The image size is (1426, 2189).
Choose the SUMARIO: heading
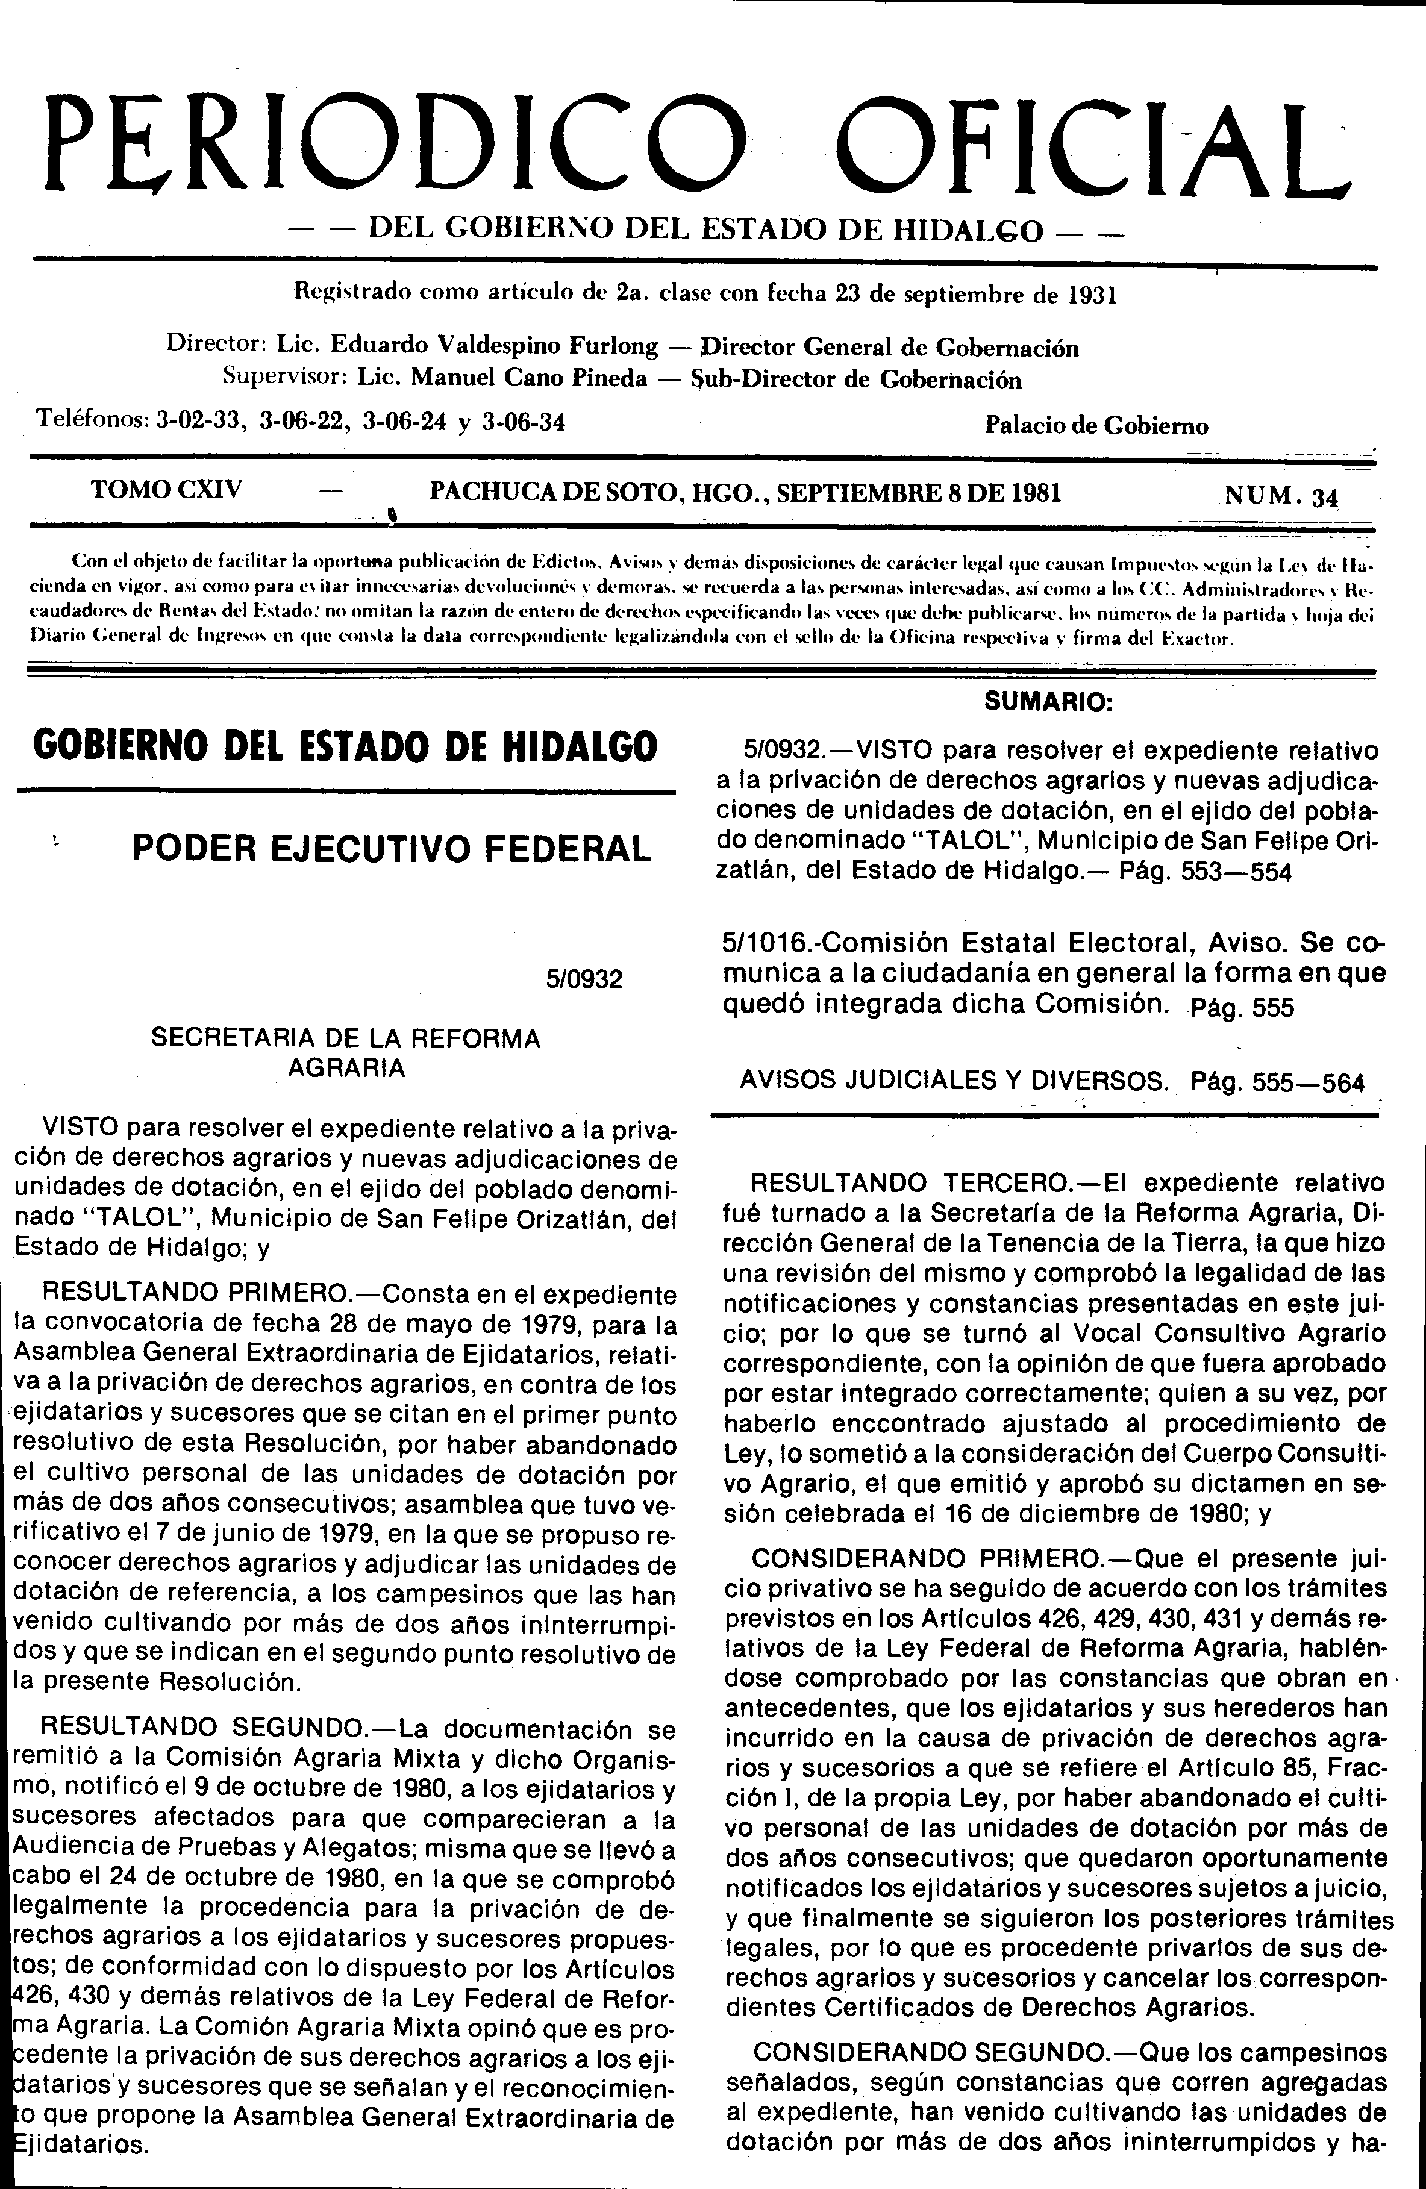coord(1049,703)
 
